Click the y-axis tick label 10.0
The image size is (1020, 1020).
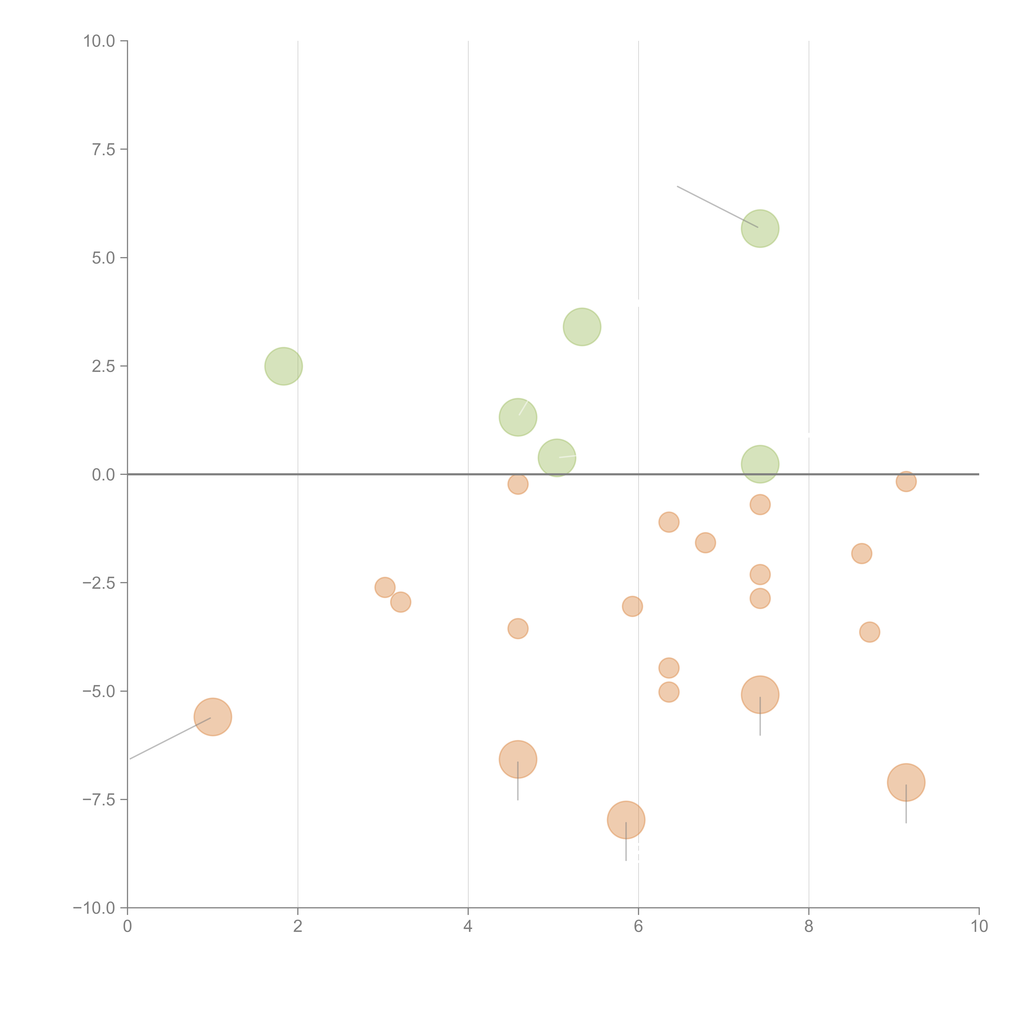tap(99, 41)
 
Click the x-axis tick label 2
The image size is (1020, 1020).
tap(298, 927)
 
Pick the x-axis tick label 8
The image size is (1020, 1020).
tap(809, 927)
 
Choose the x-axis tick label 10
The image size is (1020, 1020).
tap(979, 927)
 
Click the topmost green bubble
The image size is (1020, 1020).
tap(760, 229)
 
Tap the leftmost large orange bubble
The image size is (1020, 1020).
tap(213, 717)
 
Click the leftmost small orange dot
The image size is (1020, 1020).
tap(385, 587)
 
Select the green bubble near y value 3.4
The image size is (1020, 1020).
tap(582, 327)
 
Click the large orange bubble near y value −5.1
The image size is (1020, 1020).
tap(760, 695)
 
